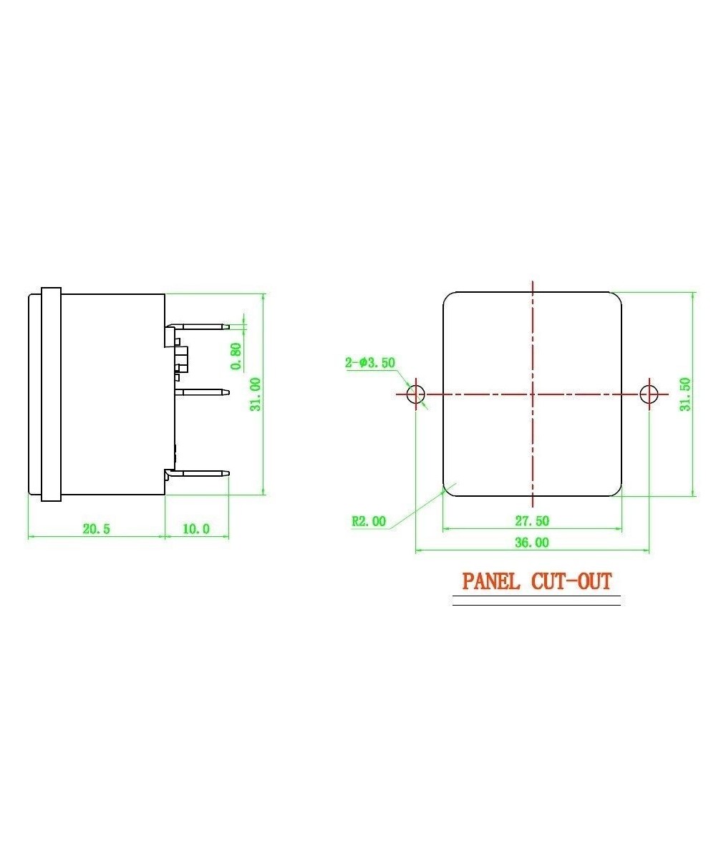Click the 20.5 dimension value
(x=97, y=529)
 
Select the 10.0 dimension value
(x=196, y=529)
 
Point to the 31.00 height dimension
(x=255, y=394)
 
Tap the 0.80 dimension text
(x=236, y=356)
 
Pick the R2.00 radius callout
(x=369, y=521)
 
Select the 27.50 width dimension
(x=531, y=521)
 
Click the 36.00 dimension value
(x=531, y=543)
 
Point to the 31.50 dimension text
(x=685, y=394)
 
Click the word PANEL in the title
(x=491, y=581)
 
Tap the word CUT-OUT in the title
(x=572, y=581)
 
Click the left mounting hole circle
(x=415, y=394)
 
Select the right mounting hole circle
(x=649, y=394)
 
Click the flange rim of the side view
(x=51, y=394)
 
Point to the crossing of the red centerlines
(x=532, y=394)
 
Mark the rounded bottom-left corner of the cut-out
(x=447, y=491)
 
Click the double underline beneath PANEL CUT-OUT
(x=536, y=603)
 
